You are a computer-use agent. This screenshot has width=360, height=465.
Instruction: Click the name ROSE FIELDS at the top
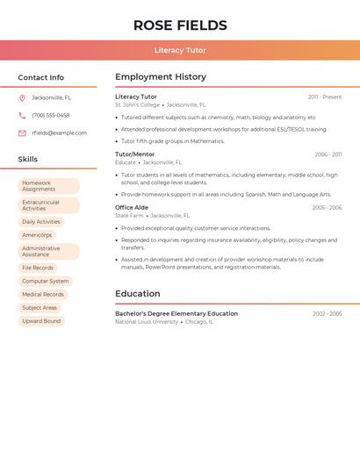click(180, 25)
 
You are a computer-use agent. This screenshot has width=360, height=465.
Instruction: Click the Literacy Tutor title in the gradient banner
click(180, 51)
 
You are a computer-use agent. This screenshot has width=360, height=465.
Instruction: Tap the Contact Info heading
click(41, 77)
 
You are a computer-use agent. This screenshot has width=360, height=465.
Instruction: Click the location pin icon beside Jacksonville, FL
click(22, 97)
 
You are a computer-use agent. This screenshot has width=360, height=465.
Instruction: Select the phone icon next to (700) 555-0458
click(22, 115)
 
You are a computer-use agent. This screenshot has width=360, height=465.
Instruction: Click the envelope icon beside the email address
click(22, 133)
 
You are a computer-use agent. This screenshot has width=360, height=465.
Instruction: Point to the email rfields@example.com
click(60, 133)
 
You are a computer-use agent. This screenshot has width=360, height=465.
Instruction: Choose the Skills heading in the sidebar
click(28, 160)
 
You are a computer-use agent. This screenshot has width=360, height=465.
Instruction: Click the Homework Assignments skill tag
click(48, 186)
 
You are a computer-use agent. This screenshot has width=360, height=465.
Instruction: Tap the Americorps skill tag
click(37, 235)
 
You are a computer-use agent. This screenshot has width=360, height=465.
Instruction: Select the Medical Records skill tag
click(43, 295)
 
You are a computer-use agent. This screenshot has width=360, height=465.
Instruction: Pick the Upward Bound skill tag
click(41, 321)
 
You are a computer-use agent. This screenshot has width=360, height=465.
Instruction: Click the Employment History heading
click(161, 77)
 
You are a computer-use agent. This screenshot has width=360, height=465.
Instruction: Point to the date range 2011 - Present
click(324, 97)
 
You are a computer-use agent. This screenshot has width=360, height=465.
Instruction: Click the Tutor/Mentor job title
click(134, 154)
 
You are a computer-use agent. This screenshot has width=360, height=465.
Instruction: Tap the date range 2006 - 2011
click(328, 154)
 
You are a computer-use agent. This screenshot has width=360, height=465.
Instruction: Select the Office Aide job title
click(132, 207)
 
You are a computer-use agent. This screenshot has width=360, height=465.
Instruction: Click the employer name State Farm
click(129, 215)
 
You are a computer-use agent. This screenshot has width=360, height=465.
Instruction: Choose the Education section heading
click(137, 294)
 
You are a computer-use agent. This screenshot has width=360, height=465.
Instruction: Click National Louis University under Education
click(147, 322)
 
